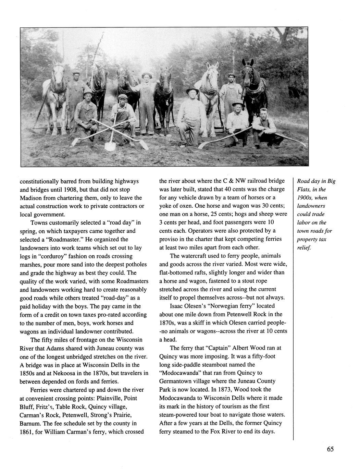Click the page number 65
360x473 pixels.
click(330, 449)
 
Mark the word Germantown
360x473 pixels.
click(176, 381)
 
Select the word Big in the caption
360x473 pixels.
click(331, 181)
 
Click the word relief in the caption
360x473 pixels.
click(304, 247)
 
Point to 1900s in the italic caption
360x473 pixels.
click(305, 198)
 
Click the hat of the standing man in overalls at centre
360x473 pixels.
click(147, 75)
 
